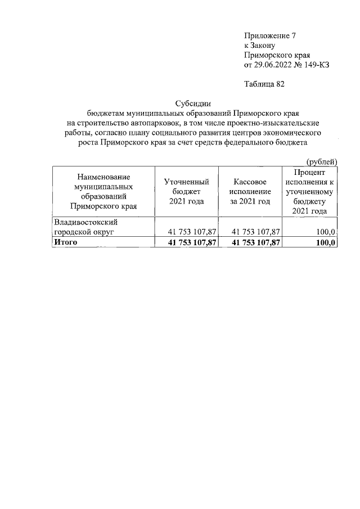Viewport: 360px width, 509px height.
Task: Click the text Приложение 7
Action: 269,35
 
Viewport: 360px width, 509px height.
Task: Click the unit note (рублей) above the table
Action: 321,162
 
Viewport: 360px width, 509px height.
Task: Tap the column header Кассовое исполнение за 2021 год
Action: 250,191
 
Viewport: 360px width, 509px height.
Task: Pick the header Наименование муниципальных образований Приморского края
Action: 103,191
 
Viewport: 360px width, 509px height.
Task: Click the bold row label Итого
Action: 65,242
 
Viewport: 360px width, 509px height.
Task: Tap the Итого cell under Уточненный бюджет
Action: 189,242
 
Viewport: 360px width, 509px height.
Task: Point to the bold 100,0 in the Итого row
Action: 326,242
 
